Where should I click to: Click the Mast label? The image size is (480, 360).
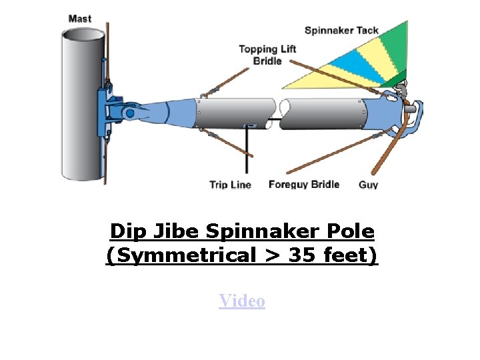click(80, 18)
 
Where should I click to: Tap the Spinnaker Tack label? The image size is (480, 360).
click(341, 30)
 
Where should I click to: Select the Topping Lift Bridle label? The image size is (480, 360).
click(267, 55)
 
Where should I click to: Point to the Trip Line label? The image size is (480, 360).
click(230, 185)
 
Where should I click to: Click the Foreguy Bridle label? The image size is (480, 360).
click(303, 184)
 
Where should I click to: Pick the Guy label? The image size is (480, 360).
click(368, 185)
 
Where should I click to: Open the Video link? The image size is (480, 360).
click(242, 301)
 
